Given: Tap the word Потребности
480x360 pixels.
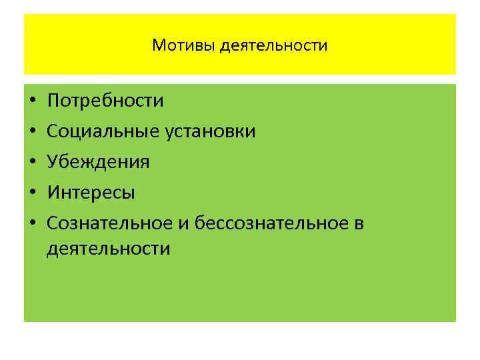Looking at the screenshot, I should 105,101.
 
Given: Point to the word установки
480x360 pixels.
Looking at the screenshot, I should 210,131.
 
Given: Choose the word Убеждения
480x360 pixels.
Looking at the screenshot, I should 98,162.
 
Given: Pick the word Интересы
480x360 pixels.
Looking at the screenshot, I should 91,193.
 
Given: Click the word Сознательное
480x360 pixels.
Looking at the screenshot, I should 111,223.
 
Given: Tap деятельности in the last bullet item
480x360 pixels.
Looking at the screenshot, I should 109,249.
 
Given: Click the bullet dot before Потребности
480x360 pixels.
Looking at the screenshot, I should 32,102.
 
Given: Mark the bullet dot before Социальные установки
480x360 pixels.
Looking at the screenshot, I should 32,132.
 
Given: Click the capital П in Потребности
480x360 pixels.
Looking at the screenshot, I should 53,101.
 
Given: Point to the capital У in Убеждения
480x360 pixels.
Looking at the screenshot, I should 53,162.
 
